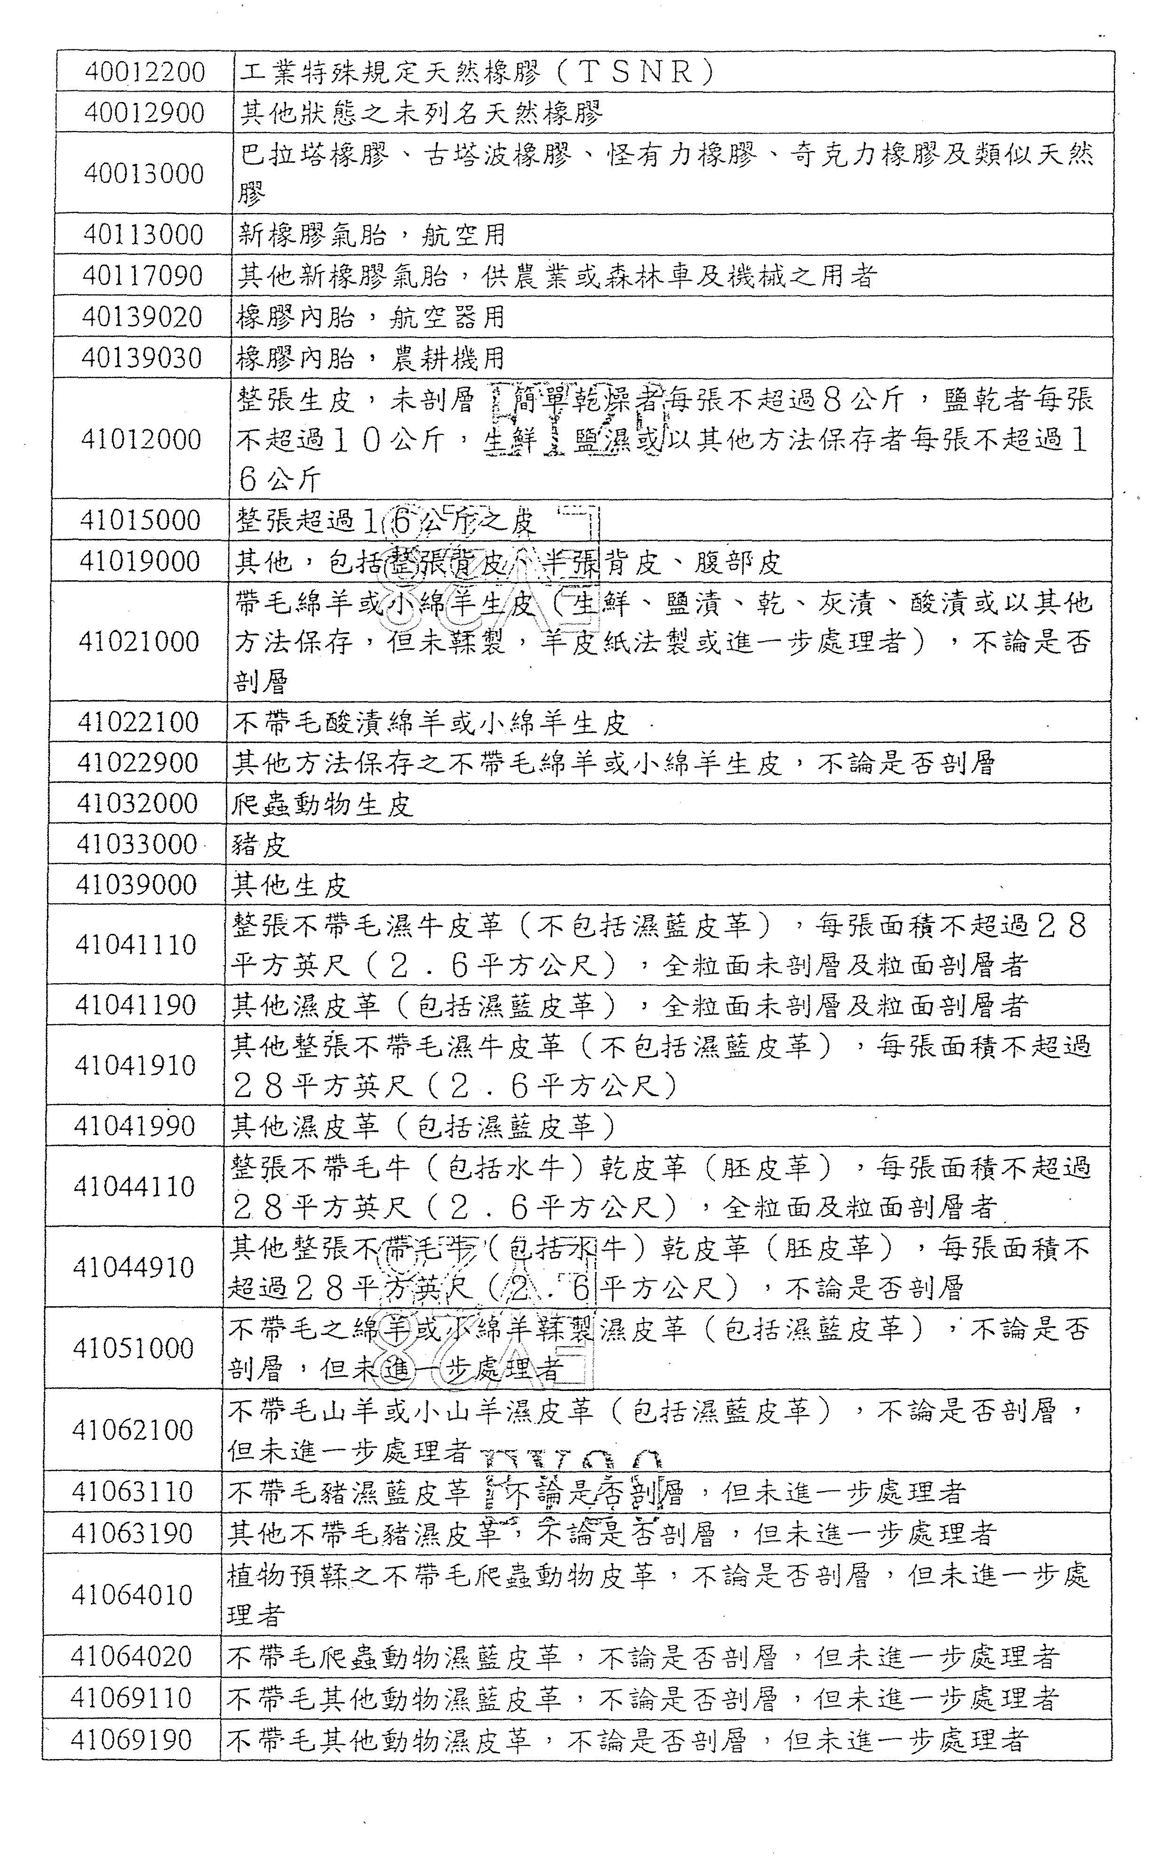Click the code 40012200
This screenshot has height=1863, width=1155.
coord(145,72)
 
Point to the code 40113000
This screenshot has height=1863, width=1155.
coord(143,234)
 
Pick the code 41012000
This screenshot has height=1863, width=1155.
coord(141,439)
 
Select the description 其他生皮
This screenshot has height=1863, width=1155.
coord(290,885)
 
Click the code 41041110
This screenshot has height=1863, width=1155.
coord(136,945)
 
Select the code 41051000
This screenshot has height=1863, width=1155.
coord(133,1349)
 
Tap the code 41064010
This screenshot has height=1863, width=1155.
coord(131,1594)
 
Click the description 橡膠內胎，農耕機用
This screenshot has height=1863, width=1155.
coord(370,357)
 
